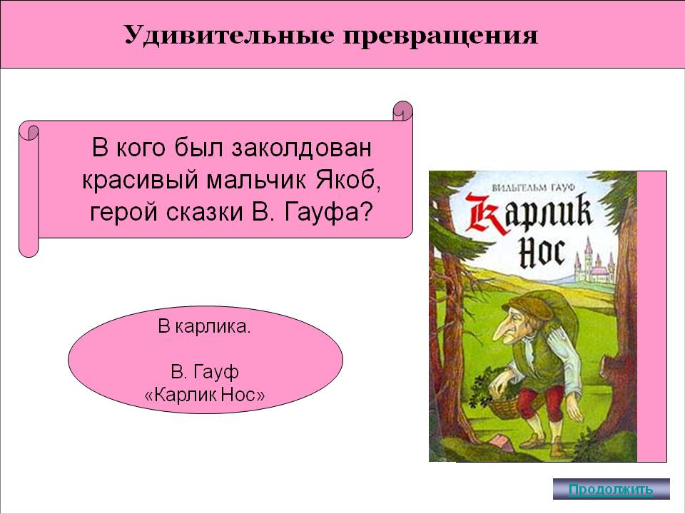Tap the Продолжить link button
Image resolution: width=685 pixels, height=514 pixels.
[612, 488]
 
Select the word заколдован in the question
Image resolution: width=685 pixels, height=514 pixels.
[301, 147]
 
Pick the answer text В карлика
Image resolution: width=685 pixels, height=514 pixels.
[205, 326]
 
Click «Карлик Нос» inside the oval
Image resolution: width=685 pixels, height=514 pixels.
[205, 395]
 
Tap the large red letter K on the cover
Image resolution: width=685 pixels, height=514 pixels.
[486, 214]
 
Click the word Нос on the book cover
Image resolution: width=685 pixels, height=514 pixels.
[542, 253]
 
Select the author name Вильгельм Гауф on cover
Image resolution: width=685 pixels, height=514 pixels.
[532, 188]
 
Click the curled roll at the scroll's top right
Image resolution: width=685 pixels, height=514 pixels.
[402, 111]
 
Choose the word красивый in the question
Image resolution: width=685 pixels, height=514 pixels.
[141, 181]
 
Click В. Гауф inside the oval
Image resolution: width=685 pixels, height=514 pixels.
[205, 372]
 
